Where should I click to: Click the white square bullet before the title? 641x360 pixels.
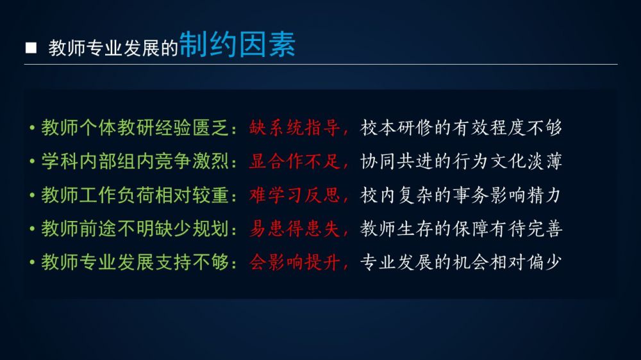click(31, 48)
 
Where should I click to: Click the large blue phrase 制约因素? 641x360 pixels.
click(238, 44)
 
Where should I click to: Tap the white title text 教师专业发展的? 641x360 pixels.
click(113, 48)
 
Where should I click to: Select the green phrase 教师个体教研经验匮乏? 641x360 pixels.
click(135, 128)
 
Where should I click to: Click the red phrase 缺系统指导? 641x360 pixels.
click(294, 128)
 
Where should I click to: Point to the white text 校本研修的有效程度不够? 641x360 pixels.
click(461, 128)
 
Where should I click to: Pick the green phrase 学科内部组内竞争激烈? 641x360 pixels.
click(135, 161)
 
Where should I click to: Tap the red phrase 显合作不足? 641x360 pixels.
click(294, 161)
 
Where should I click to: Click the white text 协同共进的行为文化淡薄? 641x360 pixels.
click(461, 161)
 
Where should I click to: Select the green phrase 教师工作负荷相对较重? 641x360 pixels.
click(135, 195)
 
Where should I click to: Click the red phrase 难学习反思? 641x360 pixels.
click(294, 195)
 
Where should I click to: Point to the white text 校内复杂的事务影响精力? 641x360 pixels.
click(460, 195)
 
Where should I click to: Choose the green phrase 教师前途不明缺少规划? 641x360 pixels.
click(135, 229)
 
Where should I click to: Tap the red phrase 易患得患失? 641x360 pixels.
click(294, 229)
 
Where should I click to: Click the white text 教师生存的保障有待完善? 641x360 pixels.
click(461, 229)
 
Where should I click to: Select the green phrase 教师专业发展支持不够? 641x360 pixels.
click(135, 262)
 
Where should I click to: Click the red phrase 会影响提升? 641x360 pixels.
click(294, 262)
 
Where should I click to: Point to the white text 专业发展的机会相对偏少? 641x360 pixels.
click(461, 262)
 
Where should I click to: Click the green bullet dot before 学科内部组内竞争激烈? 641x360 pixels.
click(32, 162)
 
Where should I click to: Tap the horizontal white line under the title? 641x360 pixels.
click(321, 64)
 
